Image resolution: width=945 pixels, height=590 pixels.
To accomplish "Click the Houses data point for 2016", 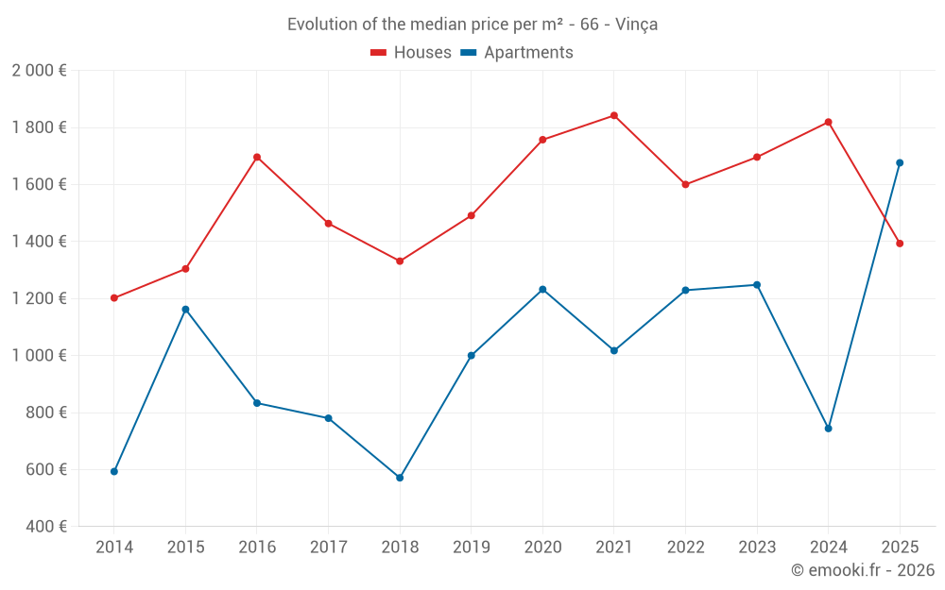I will pos(257,157).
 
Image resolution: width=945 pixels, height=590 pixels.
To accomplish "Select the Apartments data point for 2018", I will pos(400,478).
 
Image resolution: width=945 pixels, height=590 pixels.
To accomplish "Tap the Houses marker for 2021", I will pos(614,115).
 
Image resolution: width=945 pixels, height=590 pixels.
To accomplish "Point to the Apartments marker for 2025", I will pos(900,162).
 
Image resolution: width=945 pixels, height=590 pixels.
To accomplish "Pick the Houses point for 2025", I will pos(900,244).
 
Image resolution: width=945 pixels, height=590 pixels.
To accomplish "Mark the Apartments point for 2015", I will pos(185,309).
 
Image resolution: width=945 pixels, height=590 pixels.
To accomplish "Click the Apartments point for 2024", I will pos(829,429).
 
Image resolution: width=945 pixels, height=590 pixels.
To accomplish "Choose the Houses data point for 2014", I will pos(114,298).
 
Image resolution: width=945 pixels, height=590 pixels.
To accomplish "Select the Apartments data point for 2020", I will pos(542,289).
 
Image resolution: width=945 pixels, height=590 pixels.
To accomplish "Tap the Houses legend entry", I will pos(411,53).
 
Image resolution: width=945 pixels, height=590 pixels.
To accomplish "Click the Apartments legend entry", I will pos(517,53).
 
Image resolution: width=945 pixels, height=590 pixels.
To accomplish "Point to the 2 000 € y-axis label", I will pos(39,71).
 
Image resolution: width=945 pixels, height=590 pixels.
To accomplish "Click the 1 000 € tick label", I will pos(39,356).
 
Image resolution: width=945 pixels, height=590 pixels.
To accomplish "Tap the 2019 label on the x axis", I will pos(472,547).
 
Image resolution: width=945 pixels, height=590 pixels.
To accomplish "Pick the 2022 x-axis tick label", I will pos(685,547).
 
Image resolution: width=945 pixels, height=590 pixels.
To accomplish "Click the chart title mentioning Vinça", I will pos(472,25).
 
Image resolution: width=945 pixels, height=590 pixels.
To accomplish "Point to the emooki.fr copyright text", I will pos(862,570).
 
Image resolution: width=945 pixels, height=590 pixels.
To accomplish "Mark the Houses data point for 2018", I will pos(400,261).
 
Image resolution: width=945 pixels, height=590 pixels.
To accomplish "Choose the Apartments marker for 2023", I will pos(757,284).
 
